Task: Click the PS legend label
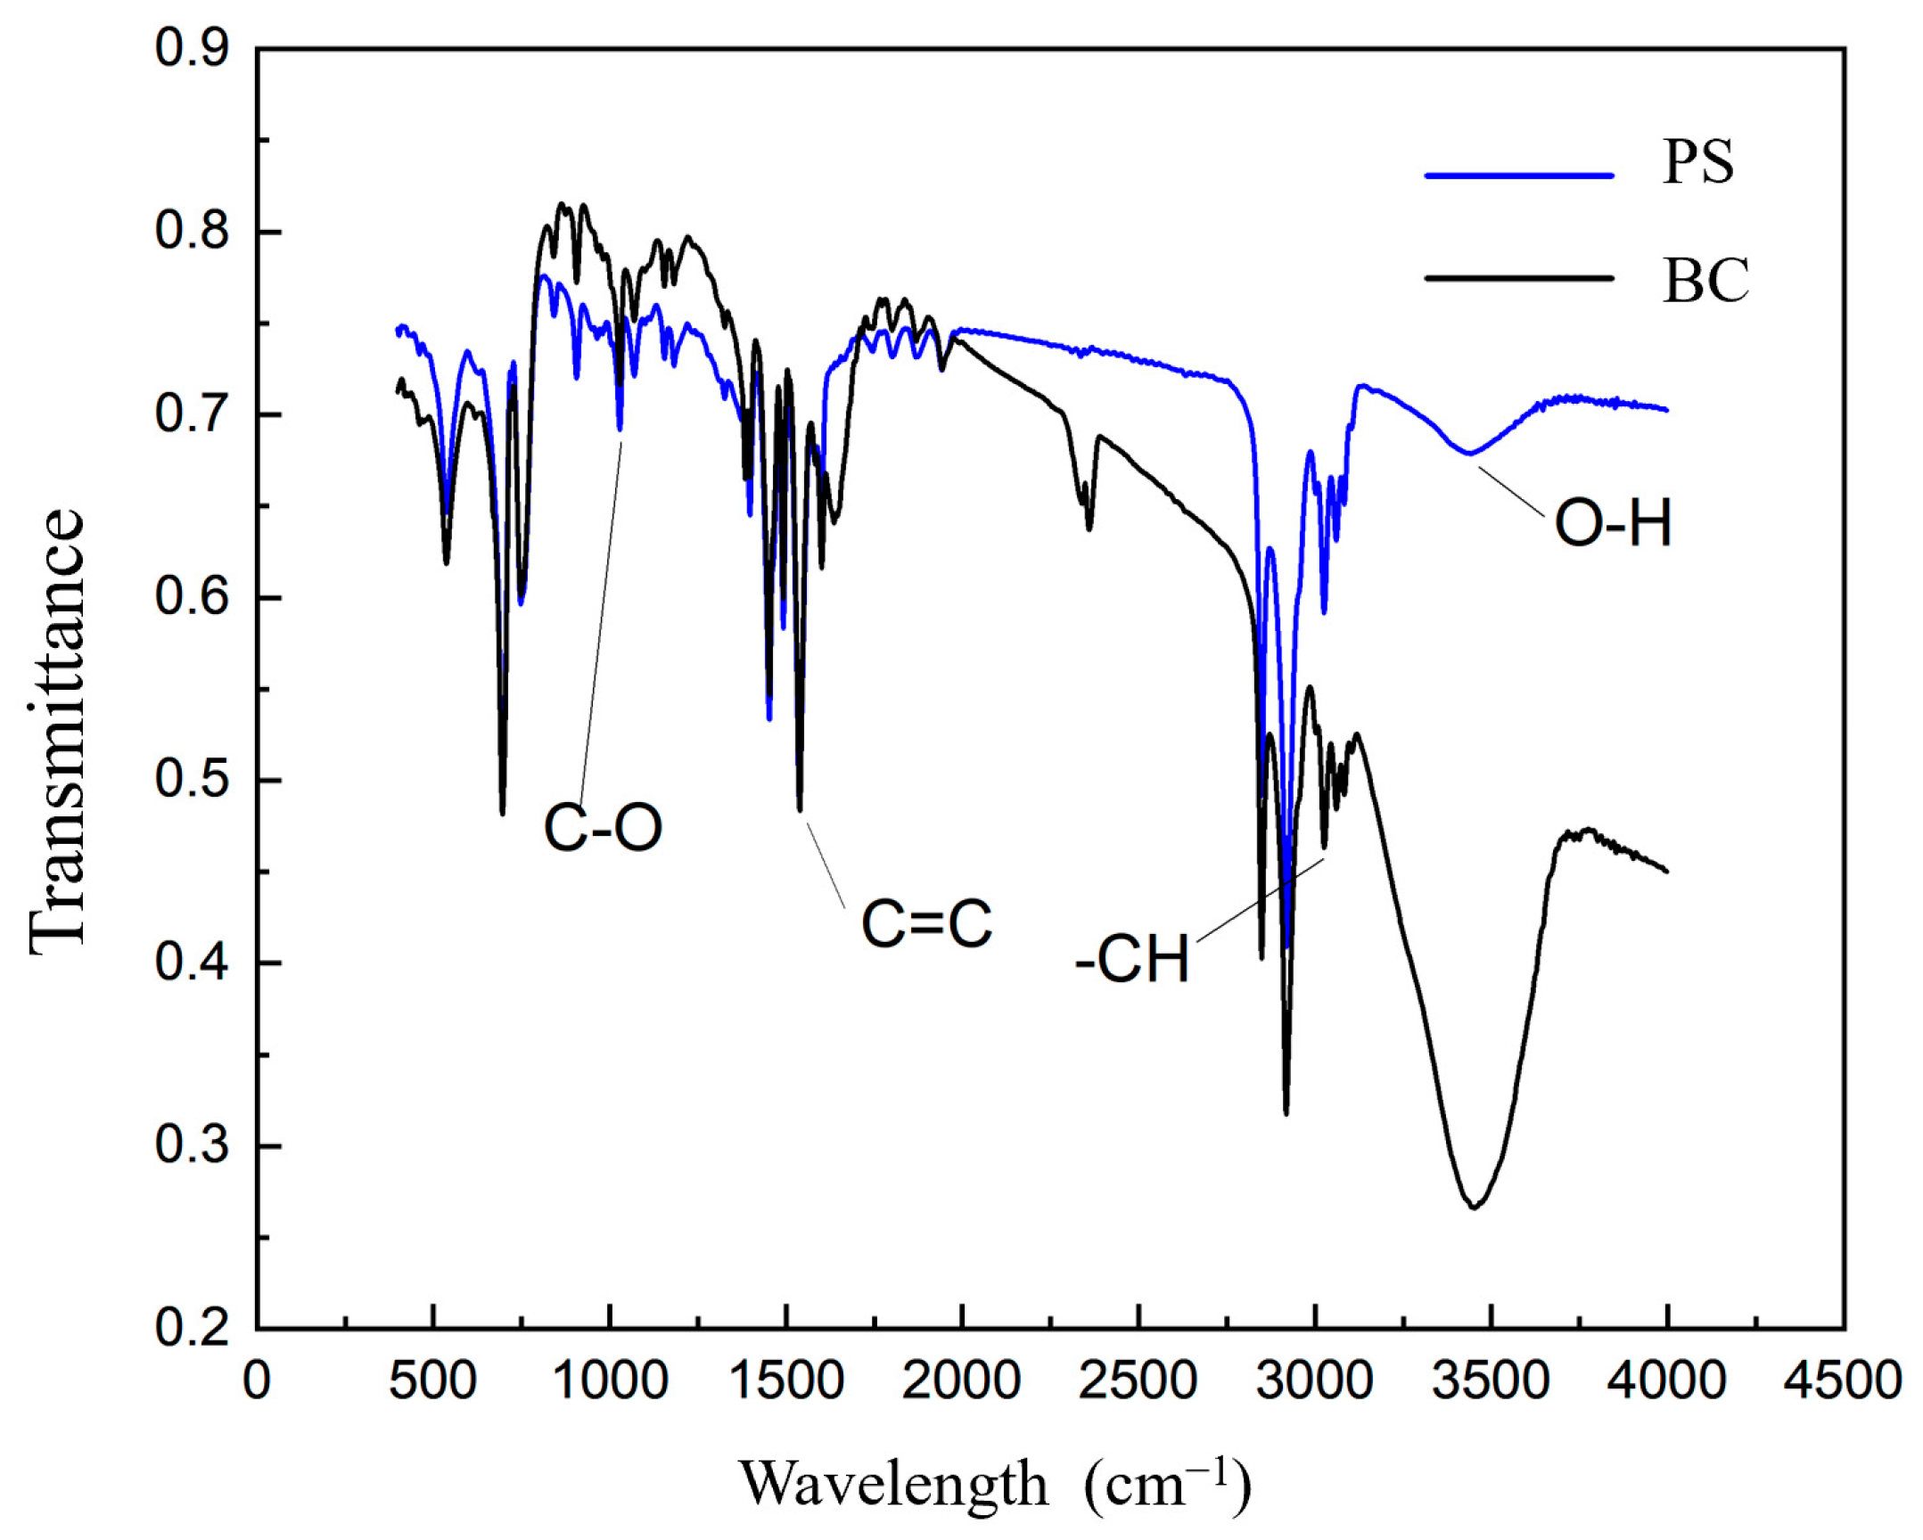[x=1698, y=163]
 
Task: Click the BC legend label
[x=1706, y=281]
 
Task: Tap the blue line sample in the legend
[x=1519, y=176]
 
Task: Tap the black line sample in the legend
[x=1519, y=278]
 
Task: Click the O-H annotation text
[x=1613, y=523]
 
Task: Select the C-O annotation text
[x=603, y=828]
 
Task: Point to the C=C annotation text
[x=925, y=924]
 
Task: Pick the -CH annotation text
[x=1133, y=961]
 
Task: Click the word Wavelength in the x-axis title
[x=893, y=1484]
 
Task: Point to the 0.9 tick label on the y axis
[x=192, y=49]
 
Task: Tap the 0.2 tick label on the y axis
[x=192, y=1329]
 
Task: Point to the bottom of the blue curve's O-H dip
[x=1469, y=454]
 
